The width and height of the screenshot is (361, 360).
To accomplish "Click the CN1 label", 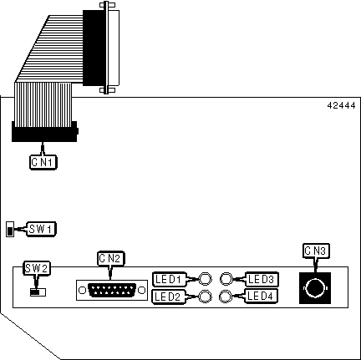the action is [43, 162].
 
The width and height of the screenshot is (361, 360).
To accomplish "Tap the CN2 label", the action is [110, 258].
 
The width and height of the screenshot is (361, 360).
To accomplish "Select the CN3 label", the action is [316, 251].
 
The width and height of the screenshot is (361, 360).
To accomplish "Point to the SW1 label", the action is [41, 229].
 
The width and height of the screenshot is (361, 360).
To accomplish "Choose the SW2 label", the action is [37, 268].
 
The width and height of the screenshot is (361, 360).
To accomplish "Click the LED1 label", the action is [169, 279].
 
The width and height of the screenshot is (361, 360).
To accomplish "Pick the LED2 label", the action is [168, 297].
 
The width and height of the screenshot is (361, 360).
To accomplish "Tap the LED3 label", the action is [262, 279].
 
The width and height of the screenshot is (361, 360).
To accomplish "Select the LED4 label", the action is [261, 296].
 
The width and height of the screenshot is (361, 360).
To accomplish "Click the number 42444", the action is [342, 105].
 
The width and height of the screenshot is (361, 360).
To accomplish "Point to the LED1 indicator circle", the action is [206, 279].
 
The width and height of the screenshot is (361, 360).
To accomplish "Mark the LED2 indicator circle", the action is [205, 297].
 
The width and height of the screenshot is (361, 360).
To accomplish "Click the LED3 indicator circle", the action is [226, 279].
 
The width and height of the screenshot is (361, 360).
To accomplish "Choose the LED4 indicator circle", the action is [226, 297].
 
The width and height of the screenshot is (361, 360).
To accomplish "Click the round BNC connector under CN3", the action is [315, 288].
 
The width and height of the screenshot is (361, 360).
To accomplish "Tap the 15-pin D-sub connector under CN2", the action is [112, 291].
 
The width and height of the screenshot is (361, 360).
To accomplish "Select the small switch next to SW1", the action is [10, 230].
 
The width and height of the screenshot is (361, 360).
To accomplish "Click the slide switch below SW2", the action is [38, 292].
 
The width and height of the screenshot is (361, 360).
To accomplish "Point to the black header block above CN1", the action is [44, 131].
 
